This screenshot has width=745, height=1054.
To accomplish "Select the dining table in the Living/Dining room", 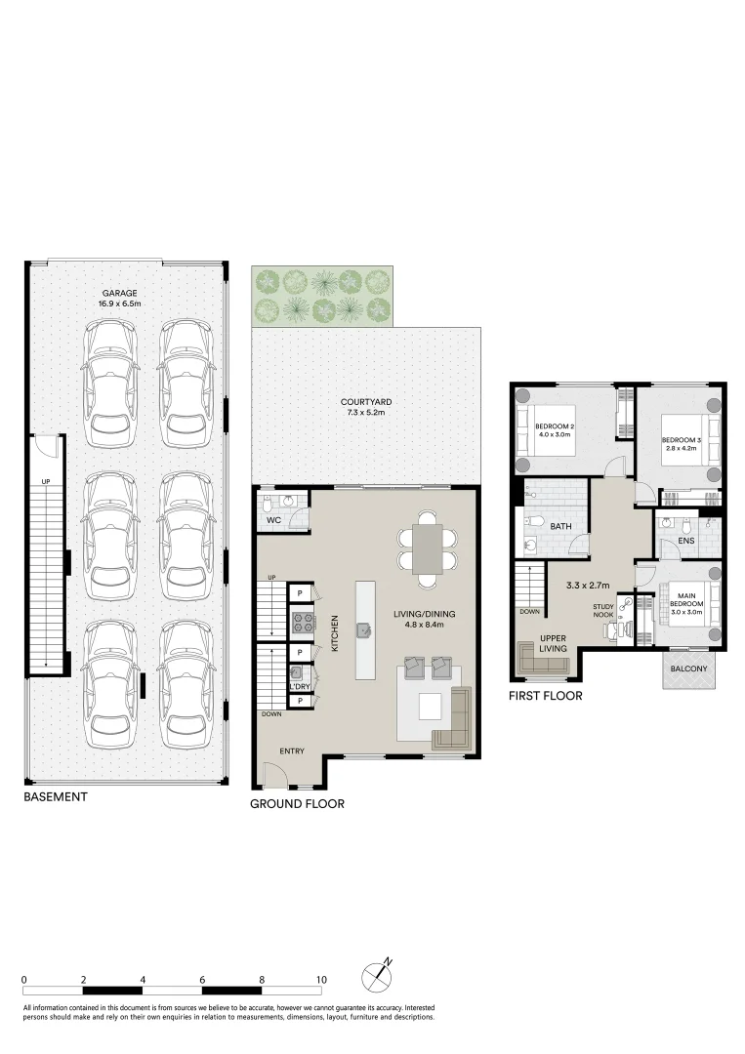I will [427, 549].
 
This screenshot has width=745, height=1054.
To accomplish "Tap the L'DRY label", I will [299, 687].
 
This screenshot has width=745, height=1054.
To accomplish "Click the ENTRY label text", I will [292, 750].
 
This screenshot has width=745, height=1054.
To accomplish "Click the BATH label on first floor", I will [560, 526].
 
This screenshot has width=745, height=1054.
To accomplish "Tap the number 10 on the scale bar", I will [320, 979].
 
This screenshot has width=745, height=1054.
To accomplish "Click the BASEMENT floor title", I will [56, 796].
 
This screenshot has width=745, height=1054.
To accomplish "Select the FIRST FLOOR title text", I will [545, 696].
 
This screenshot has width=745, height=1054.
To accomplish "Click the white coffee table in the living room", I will [431, 706].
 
